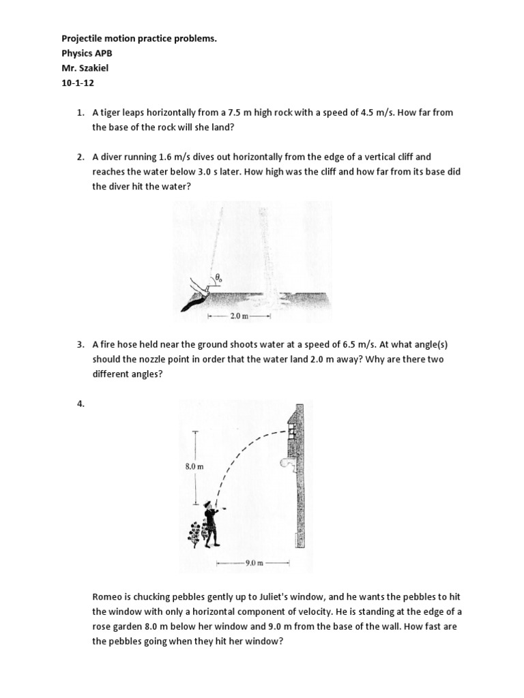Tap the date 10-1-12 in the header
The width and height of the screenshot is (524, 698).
click(x=68, y=86)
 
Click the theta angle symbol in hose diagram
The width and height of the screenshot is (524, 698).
click(x=218, y=278)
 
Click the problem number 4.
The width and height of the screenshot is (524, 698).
click(x=81, y=404)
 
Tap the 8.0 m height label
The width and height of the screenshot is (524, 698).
click(x=194, y=467)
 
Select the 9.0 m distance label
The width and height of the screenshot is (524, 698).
click(x=253, y=563)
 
